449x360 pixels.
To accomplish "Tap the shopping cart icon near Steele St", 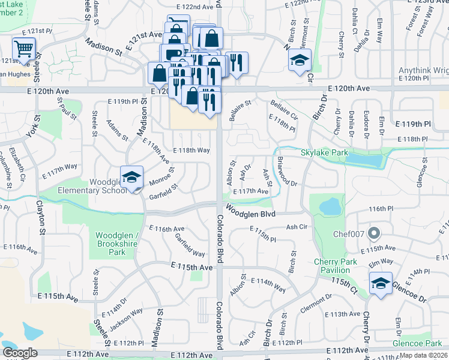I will click(24, 49).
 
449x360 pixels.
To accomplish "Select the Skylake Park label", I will click(324, 153).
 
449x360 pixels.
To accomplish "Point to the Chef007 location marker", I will click(374, 232).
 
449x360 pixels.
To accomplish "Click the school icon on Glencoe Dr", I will click(380, 283).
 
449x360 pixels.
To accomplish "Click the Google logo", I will click(20, 353).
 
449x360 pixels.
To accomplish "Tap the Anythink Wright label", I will click(423, 71).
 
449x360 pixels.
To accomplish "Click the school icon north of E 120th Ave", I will click(300, 60).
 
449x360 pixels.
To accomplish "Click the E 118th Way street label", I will click(191, 151).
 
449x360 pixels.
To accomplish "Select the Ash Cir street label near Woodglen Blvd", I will click(297, 227).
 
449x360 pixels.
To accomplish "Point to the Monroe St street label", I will click(161, 178).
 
